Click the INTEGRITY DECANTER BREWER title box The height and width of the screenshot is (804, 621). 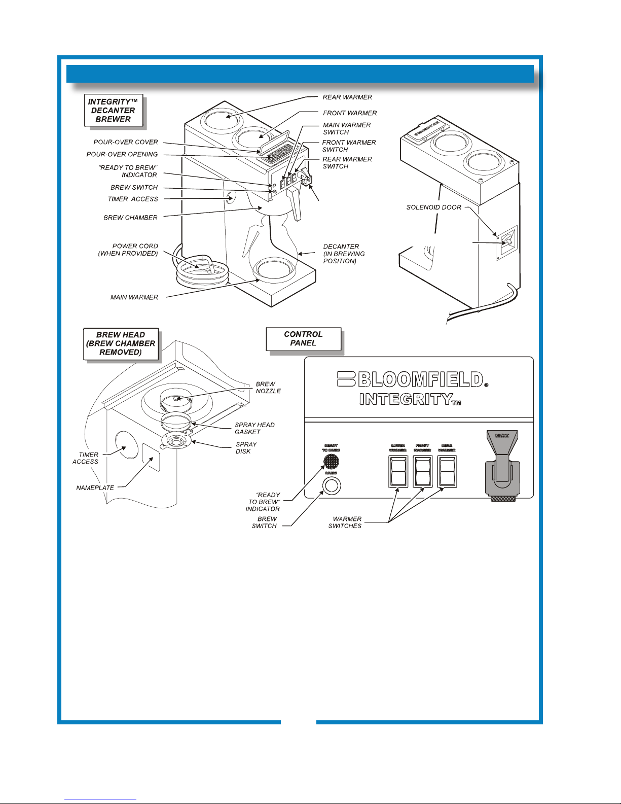(x=113, y=111)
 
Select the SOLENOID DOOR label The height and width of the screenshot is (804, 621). (x=434, y=207)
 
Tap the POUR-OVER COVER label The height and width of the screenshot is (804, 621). (x=126, y=142)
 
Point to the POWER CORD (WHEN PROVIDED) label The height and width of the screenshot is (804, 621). (x=128, y=250)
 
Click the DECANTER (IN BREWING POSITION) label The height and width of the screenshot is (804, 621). (x=344, y=254)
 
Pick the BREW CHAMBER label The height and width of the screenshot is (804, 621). (x=130, y=218)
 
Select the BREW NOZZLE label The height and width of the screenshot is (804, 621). (x=268, y=388)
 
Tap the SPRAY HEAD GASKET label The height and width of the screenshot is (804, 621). (x=254, y=428)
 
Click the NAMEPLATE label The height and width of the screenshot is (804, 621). (x=95, y=488)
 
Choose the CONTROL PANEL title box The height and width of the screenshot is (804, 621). (x=303, y=339)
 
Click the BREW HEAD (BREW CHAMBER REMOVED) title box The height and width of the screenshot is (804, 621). (x=121, y=343)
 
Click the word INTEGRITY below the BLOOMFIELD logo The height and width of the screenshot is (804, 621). (x=406, y=399)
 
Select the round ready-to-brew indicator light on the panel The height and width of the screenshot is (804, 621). (x=331, y=462)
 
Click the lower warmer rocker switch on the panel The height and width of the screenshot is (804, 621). (x=398, y=471)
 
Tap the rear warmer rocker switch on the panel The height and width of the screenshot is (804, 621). (x=447, y=471)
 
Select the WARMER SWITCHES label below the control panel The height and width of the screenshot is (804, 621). (x=345, y=522)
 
